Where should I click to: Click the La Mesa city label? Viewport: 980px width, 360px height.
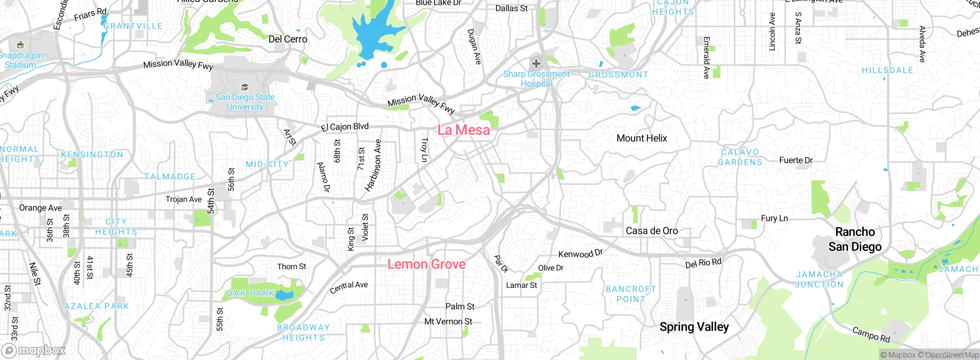coord(464,130)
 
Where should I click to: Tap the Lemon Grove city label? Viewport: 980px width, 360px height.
coord(426,264)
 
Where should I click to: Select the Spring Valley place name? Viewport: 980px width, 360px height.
coord(694,327)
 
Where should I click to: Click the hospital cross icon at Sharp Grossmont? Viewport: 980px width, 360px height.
coord(536,63)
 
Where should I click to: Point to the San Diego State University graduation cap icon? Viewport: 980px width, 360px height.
coord(245,87)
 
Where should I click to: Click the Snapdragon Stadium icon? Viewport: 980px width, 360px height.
coord(20,45)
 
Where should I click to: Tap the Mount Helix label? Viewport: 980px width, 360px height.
coord(642,138)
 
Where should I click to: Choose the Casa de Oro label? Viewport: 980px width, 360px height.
coord(652,231)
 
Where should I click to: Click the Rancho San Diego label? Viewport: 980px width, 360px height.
coord(855,239)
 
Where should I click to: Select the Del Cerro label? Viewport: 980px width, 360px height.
coord(287,39)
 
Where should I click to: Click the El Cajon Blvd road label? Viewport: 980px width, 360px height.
coord(345,127)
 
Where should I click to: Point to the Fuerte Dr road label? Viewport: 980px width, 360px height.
coord(796,160)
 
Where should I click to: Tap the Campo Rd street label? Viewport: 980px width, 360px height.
coord(871,335)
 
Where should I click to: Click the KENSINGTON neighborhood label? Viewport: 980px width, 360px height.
coord(92,155)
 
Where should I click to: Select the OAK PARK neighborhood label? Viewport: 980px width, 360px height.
coord(251,293)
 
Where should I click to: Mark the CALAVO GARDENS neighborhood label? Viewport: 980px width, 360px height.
coord(740,157)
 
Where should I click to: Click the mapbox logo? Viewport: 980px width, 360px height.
coord(34,350)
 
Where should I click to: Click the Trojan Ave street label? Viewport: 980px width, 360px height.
coord(183,199)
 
